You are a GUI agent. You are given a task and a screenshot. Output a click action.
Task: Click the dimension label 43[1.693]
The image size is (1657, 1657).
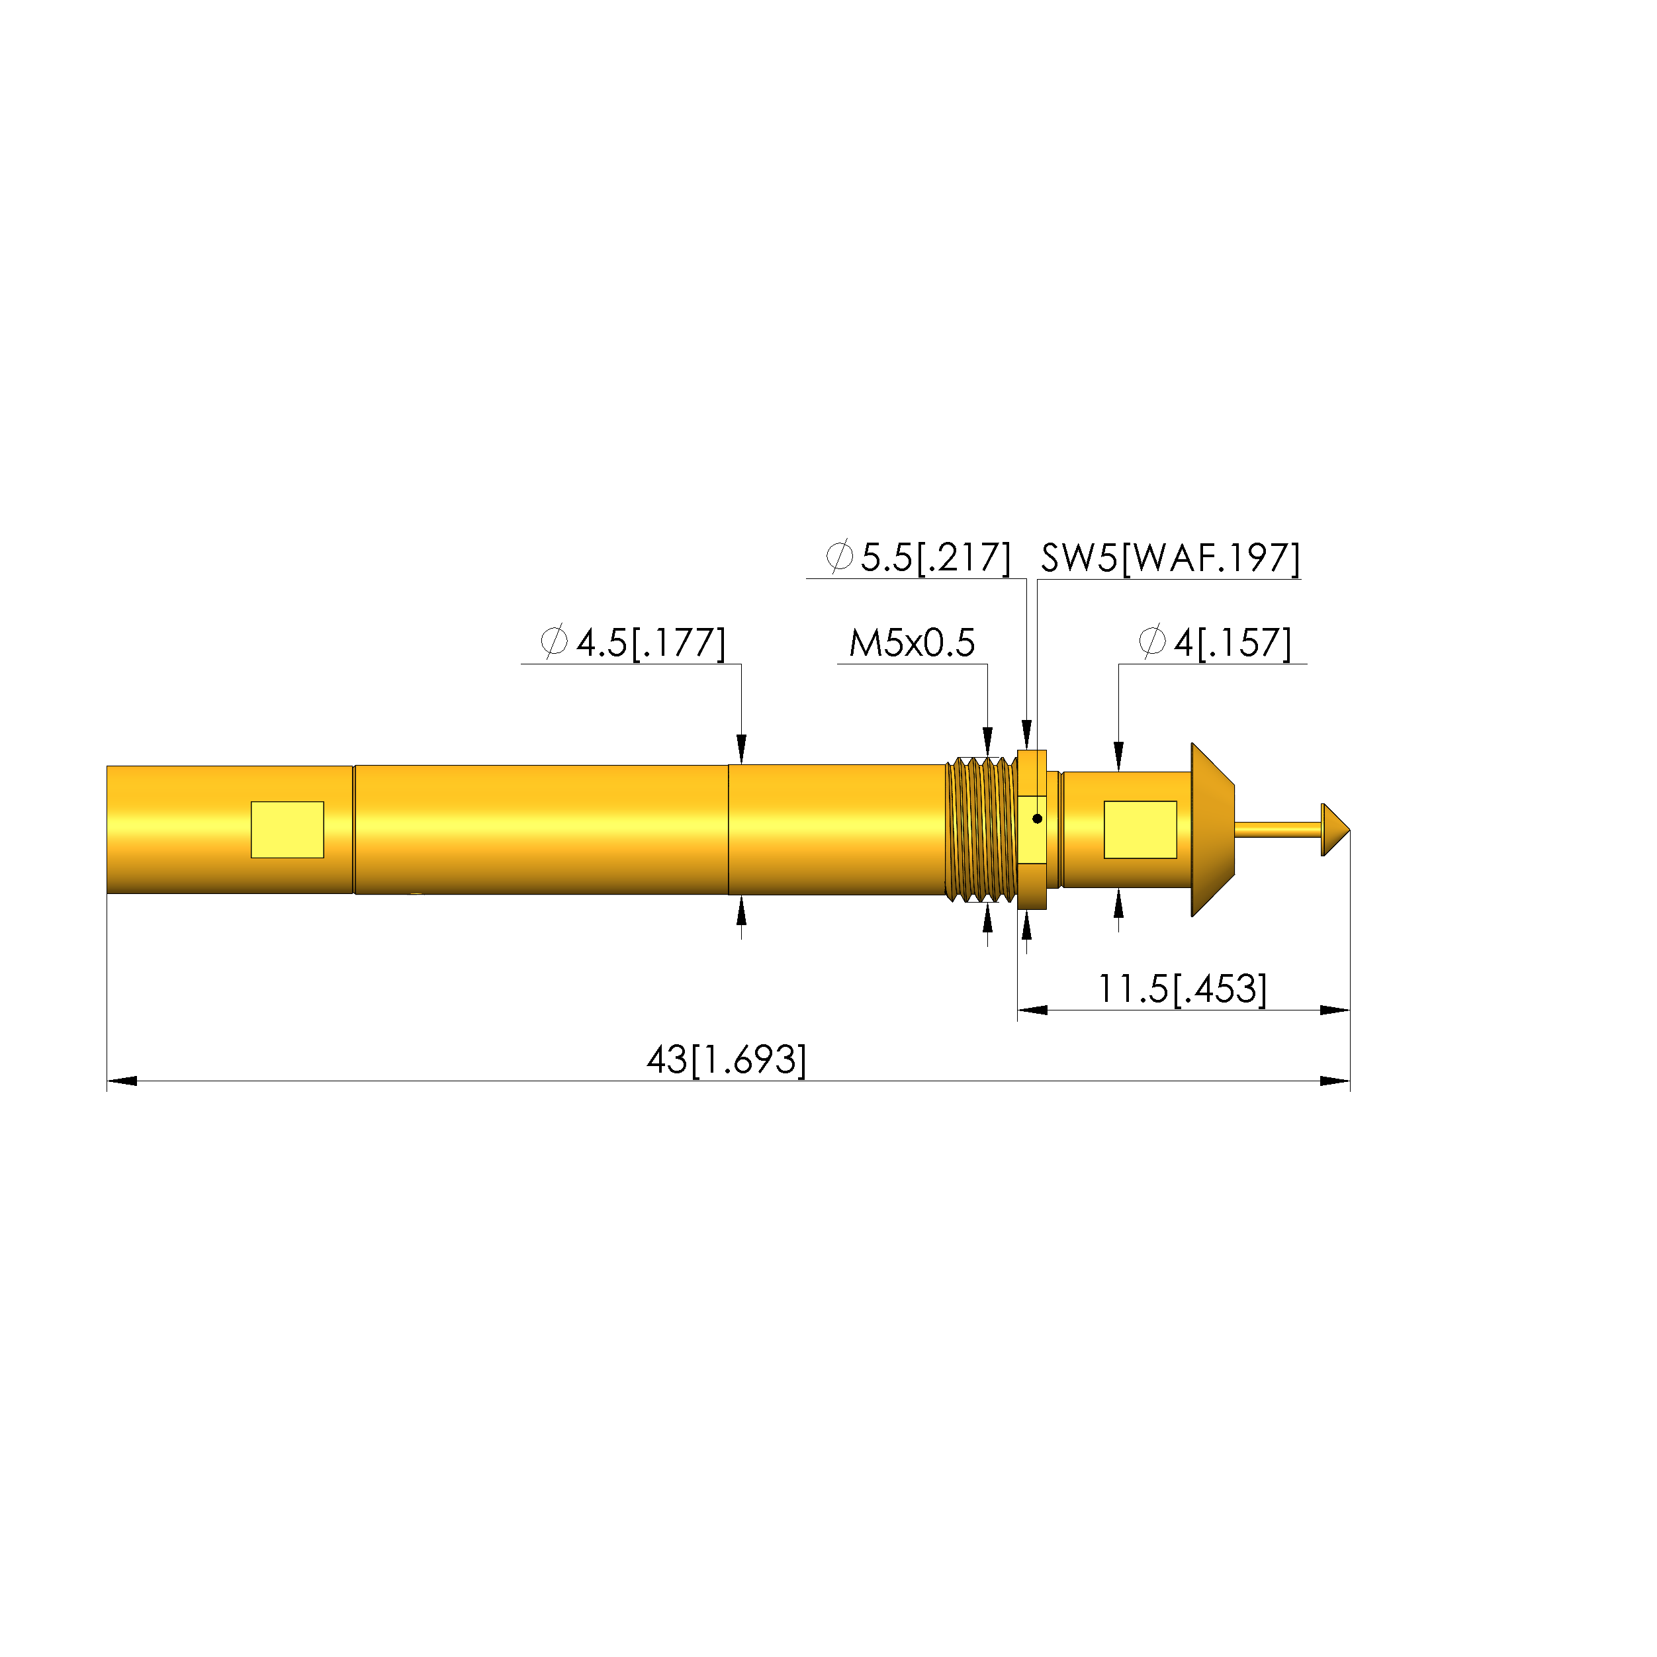click(727, 1060)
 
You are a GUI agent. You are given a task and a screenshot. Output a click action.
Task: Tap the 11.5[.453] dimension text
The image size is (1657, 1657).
click(1182, 989)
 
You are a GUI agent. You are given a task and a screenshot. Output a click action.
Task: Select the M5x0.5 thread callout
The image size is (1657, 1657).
click(912, 643)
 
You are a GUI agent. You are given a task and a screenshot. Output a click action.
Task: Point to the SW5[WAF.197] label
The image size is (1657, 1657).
click(1171, 559)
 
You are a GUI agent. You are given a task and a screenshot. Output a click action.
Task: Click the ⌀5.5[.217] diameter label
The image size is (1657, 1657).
click(918, 557)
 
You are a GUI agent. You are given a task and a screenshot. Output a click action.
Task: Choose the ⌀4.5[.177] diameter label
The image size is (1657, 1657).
click(633, 643)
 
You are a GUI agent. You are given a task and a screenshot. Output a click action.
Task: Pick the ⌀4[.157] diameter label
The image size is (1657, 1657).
click(1214, 643)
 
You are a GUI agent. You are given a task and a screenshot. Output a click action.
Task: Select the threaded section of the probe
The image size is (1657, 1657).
click(980, 829)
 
